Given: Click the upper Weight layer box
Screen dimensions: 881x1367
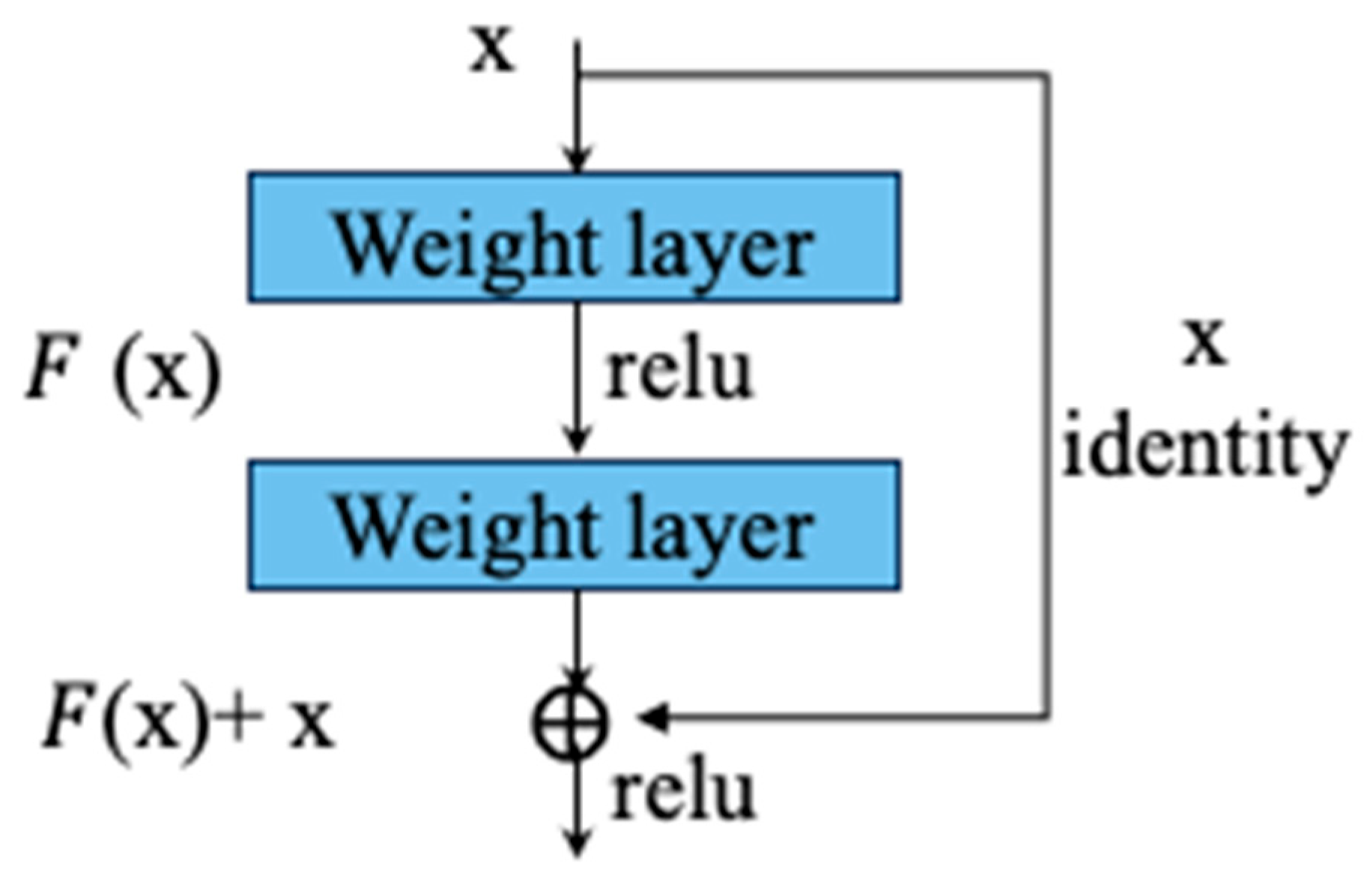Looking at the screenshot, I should [x=574, y=237].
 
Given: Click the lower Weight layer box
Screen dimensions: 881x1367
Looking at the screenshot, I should [x=574, y=525].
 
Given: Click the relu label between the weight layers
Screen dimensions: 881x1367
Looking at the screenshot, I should [x=679, y=371].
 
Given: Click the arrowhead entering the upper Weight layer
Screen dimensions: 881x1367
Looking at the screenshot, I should [x=576, y=160].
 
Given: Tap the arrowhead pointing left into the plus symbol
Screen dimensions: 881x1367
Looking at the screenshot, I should [x=650, y=718].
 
